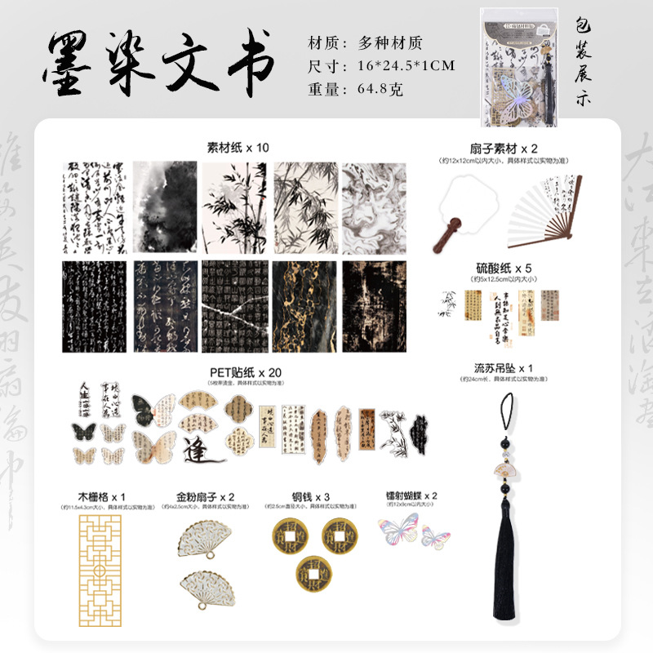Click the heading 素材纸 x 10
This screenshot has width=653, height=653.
[x=238, y=148]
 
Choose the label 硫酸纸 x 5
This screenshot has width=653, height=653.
[x=504, y=268]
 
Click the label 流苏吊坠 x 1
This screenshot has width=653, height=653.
[x=504, y=367]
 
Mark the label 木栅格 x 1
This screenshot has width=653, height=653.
[x=101, y=495]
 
